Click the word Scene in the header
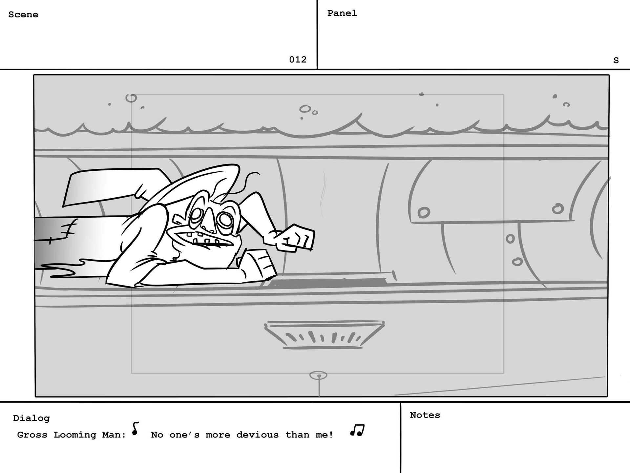click(x=23, y=15)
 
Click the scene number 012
click(x=298, y=59)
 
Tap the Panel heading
click(x=342, y=13)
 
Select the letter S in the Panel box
click(x=616, y=60)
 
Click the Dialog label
click(x=31, y=418)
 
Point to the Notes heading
click(x=425, y=415)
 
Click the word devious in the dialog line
click(x=257, y=435)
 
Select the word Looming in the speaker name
click(x=75, y=435)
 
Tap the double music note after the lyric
click(x=357, y=430)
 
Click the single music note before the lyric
click(x=135, y=429)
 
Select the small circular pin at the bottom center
click(x=318, y=375)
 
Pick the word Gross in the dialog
click(x=32, y=435)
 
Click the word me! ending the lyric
click(x=324, y=435)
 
